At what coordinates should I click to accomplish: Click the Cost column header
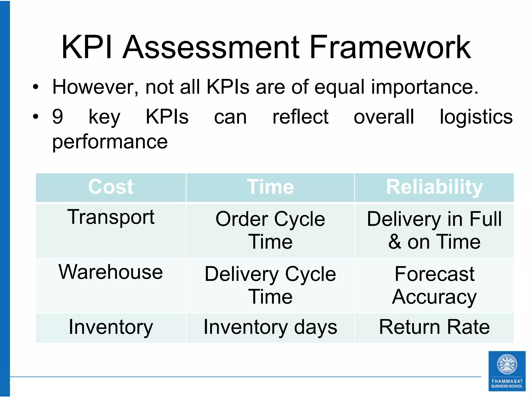tap(111, 187)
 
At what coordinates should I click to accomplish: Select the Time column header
tap(270, 187)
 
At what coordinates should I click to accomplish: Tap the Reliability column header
tap(434, 187)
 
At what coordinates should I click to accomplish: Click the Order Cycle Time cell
tap(270, 230)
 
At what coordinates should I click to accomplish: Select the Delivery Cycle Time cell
tap(270, 285)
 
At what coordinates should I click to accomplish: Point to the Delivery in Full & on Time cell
tap(434, 230)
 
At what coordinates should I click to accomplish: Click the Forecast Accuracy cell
tap(434, 285)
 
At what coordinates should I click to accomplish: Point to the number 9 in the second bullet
tap(58, 117)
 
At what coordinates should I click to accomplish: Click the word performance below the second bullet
tap(110, 142)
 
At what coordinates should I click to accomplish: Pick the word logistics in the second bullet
tap(476, 117)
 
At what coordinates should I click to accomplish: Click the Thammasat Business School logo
tap(507, 371)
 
